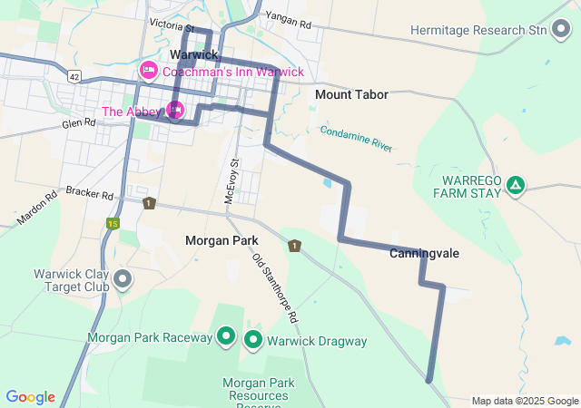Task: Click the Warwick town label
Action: [x=193, y=55]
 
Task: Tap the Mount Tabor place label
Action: [x=351, y=94]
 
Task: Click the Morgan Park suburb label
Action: [x=222, y=240]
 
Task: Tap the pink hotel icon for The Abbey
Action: [x=176, y=112]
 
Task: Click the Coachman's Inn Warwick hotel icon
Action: [x=148, y=71]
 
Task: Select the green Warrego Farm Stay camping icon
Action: [x=516, y=185]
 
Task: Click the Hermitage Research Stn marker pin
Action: [x=562, y=30]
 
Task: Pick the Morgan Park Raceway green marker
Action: [x=226, y=338]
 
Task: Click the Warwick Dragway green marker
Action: [x=253, y=341]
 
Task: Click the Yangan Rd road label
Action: [x=287, y=16]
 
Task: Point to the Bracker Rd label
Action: [x=89, y=194]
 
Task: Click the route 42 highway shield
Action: [x=74, y=75]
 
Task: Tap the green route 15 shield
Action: [x=113, y=223]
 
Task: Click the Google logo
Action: [x=31, y=397]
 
